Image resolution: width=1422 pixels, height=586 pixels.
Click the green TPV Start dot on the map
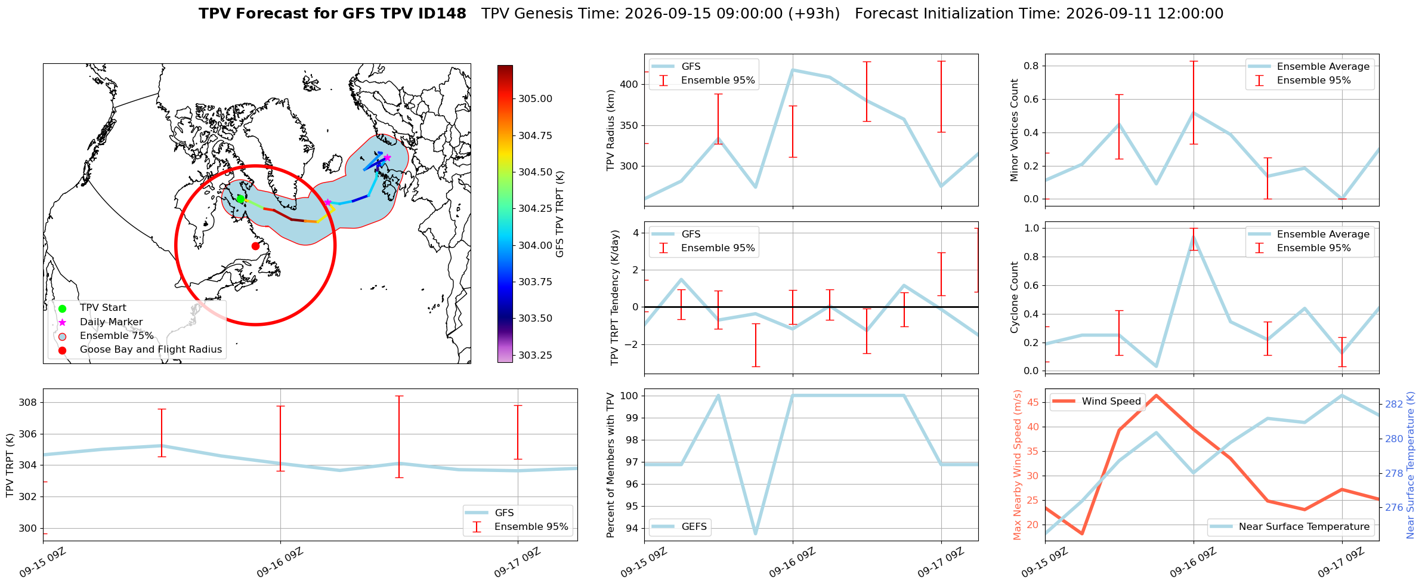point(240,199)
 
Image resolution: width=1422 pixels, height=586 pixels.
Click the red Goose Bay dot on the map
point(255,246)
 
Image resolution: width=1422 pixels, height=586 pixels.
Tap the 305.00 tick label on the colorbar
point(535,99)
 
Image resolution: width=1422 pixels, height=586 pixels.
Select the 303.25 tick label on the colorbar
point(535,356)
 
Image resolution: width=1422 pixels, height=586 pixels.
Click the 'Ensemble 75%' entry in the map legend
point(117,336)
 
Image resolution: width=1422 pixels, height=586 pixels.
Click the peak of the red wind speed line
point(1156,395)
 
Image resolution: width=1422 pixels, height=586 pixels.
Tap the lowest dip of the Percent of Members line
point(756,533)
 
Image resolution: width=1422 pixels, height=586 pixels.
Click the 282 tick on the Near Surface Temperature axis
point(1394,405)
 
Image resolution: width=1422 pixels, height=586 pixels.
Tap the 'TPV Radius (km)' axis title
point(610,130)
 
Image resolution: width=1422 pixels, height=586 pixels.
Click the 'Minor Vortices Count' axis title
point(1015,130)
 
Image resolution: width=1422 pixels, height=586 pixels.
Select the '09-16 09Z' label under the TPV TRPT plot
point(280,563)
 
